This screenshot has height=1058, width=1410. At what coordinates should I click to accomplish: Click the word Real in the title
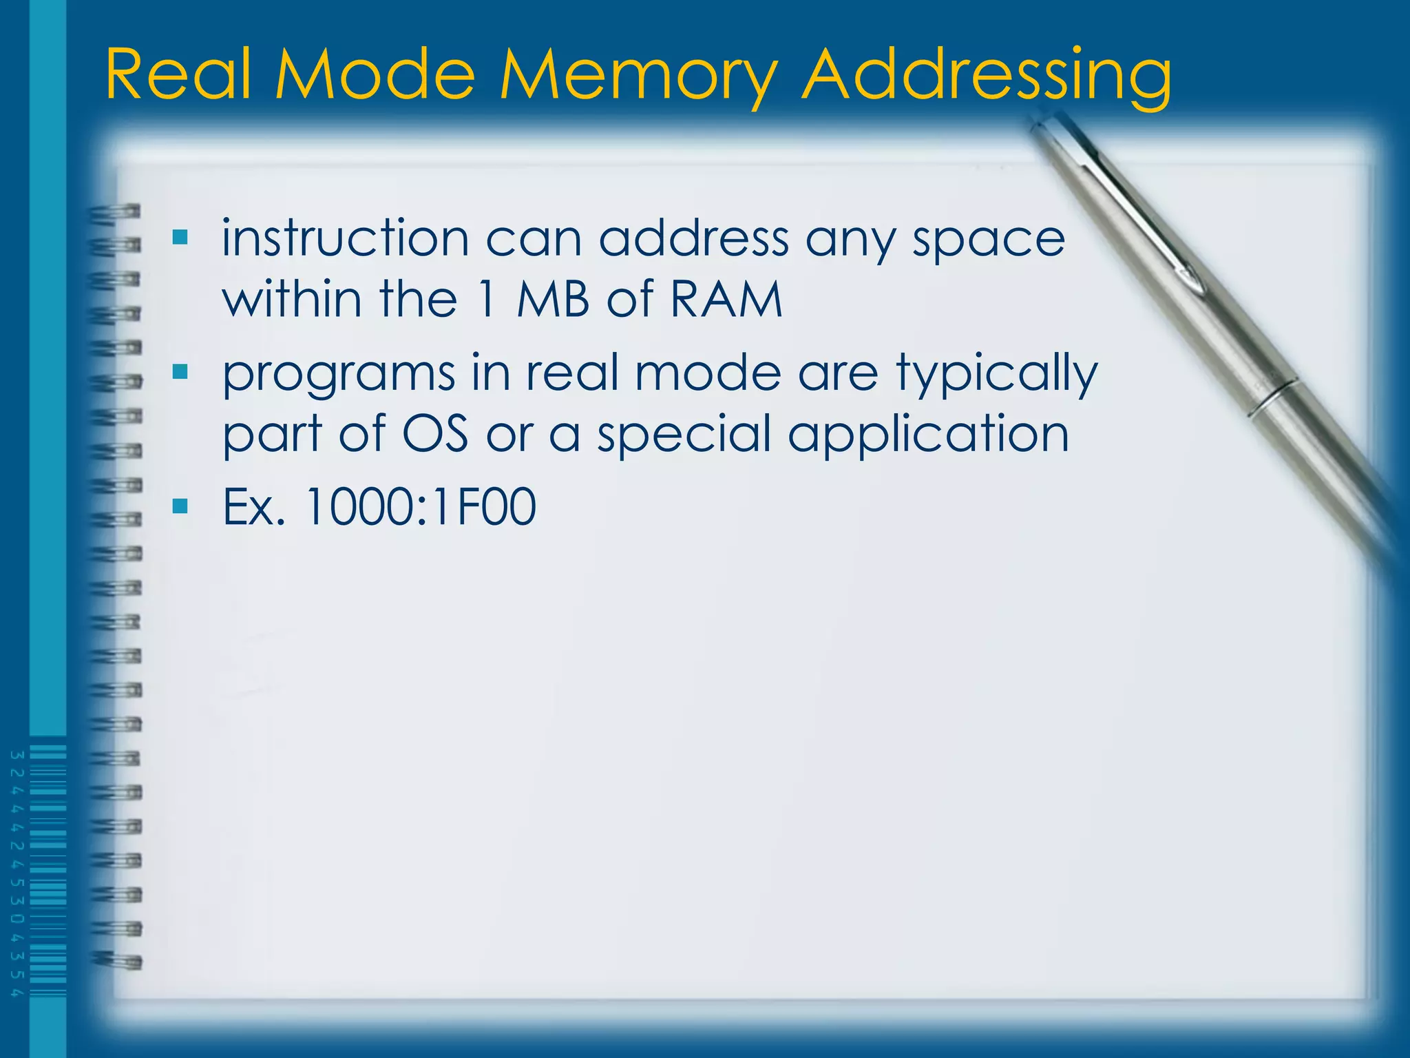[178, 74]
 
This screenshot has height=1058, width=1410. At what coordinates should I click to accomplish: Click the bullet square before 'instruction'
[180, 238]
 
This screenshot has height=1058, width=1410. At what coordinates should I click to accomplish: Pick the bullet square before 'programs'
[180, 373]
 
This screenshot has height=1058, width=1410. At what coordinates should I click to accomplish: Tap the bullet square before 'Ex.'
[180, 507]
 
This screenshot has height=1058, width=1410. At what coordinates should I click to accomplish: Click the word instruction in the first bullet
[345, 238]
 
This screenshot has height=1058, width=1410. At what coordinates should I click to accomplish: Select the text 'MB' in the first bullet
[553, 300]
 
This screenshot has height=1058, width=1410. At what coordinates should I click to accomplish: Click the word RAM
[726, 300]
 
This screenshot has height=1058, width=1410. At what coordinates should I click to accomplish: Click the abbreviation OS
[434, 435]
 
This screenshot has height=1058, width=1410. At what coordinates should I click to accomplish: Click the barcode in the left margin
[47, 871]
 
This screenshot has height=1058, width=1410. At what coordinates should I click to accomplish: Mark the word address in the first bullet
[693, 238]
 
